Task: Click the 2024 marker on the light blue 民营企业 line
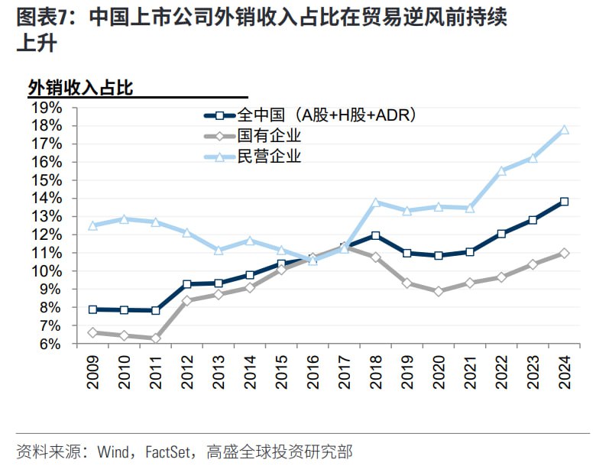pyautogui.click(x=565, y=130)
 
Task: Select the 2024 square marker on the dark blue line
pyautogui.click(x=565, y=202)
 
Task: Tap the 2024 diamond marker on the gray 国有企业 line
pyautogui.click(x=565, y=253)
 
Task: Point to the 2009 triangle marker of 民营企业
pyautogui.click(x=93, y=225)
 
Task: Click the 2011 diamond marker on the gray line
pyautogui.click(x=156, y=338)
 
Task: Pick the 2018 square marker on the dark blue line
pyautogui.click(x=376, y=236)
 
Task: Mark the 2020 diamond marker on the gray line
pyautogui.click(x=439, y=291)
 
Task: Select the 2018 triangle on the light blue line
pyautogui.click(x=376, y=202)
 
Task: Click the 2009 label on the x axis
pyautogui.click(x=93, y=372)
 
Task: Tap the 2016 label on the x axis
pyautogui.click(x=313, y=372)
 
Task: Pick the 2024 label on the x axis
pyautogui.click(x=565, y=372)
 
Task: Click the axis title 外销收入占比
pyautogui.click(x=81, y=88)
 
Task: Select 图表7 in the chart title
pyautogui.click(x=47, y=16)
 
